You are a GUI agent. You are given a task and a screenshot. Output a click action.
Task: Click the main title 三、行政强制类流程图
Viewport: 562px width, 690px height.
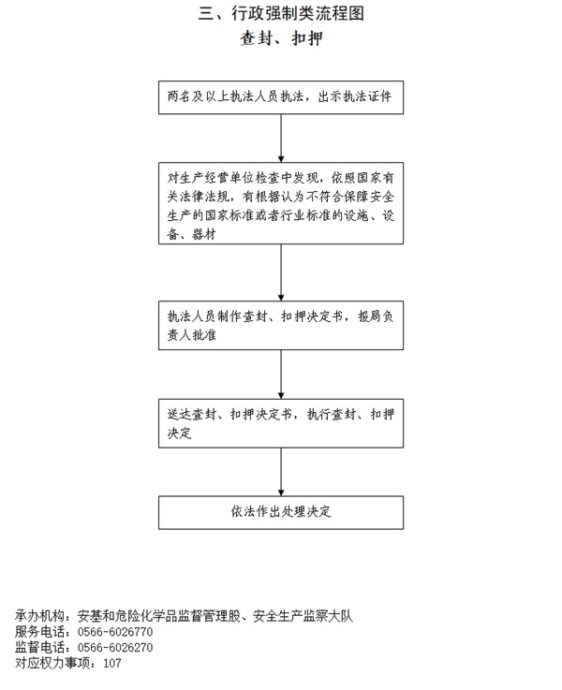point(281,14)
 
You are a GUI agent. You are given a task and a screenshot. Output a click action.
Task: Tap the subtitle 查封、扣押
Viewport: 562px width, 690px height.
point(281,38)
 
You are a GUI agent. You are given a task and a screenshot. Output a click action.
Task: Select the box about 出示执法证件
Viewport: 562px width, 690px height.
point(281,97)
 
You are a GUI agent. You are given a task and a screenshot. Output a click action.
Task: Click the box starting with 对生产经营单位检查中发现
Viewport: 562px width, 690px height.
point(281,203)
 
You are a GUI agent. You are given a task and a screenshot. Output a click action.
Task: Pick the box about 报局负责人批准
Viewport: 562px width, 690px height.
point(281,325)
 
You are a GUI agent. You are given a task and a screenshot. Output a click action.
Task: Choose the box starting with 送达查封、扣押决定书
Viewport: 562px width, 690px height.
point(281,423)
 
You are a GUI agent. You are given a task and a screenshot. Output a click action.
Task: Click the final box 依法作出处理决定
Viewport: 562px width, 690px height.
point(281,513)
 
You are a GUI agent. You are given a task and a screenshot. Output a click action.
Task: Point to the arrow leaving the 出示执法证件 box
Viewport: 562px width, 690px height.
point(281,139)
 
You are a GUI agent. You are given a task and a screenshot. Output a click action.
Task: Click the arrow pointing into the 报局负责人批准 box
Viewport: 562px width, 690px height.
point(281,272)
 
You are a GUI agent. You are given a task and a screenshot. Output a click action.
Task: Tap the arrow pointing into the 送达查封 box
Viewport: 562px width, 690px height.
point(281,374)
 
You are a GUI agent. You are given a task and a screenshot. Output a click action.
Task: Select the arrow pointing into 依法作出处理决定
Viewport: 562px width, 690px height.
point(281,472)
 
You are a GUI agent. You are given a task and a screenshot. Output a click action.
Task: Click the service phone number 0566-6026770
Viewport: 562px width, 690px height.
point(115,632)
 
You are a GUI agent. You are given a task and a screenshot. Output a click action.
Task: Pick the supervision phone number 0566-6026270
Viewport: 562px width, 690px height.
point(115,647)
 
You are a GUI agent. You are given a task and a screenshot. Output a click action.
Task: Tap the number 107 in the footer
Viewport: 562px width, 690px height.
point(112,663)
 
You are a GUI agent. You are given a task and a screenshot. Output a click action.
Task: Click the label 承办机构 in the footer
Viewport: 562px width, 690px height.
point(39,616)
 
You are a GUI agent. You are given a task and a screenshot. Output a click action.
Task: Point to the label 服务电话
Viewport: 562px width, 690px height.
point(39,632)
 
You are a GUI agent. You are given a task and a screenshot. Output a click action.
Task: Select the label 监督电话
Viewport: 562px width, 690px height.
point(39,647)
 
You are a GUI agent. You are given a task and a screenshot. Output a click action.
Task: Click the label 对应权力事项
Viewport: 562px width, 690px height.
point(52,663)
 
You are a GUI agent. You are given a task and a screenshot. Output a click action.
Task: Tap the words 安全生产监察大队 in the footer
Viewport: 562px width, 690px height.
point(303,616)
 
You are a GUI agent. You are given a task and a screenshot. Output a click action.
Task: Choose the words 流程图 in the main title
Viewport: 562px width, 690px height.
point(340,14)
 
